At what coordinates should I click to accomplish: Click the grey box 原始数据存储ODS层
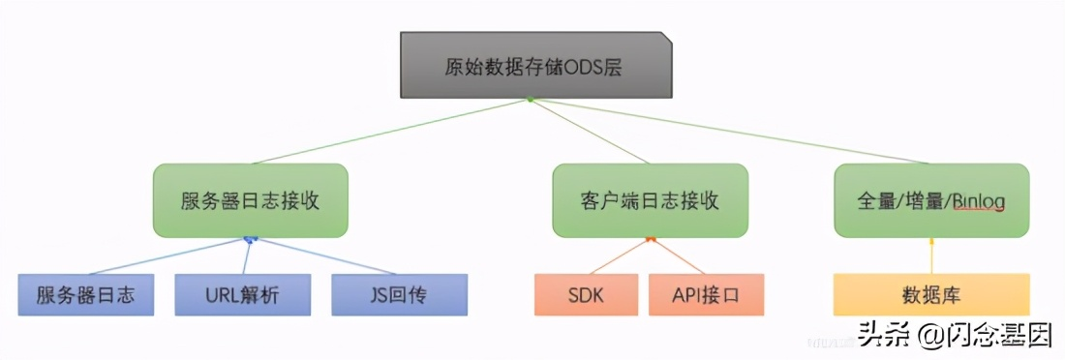click(536, 65)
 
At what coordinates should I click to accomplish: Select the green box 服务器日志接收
click(251, 200)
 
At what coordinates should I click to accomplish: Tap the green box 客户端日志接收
click(650, 200)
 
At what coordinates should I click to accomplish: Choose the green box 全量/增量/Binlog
click(931, 200)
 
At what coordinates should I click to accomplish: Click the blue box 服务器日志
click(85, 295)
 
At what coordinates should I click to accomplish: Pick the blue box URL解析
click(242, 295)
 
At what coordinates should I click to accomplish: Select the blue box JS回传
click(399, 295)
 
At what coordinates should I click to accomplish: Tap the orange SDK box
click(585, 295)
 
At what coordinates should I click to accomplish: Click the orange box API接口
click(705, 295)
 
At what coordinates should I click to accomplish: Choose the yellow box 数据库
click(930, 295)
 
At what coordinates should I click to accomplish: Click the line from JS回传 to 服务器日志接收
click(324, 256)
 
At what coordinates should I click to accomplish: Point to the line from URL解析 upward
click(246, 256)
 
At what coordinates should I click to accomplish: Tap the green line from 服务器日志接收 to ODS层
click(387, 132)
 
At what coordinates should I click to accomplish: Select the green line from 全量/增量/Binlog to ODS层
click(736, 133)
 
